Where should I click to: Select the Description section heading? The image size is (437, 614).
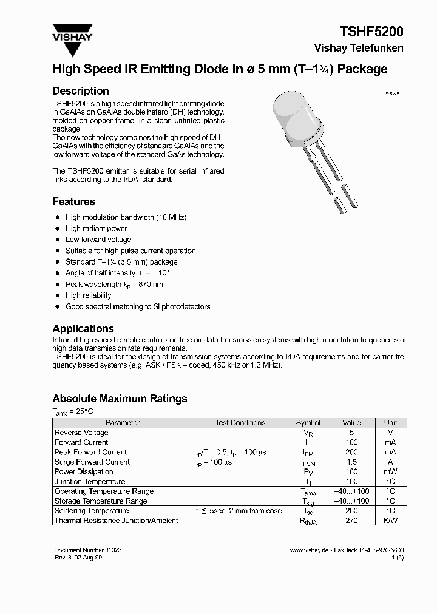81,91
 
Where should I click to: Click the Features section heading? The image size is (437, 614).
73,201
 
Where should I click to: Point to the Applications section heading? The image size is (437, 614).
83,328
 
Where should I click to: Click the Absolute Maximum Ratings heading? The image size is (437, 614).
120,399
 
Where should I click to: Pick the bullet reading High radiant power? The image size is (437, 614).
97,229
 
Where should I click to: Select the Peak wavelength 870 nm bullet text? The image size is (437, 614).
114,284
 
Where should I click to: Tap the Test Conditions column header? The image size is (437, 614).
240,423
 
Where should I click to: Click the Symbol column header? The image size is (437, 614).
308,423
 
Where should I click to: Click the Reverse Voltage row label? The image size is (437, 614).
81,433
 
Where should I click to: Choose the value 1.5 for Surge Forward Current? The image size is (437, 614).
351,462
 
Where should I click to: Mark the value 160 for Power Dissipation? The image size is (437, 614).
351,471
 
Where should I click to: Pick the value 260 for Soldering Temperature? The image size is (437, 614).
351,511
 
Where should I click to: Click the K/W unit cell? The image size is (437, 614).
390,521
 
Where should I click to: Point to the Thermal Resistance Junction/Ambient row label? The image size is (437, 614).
116,521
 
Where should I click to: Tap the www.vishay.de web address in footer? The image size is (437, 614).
309,550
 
